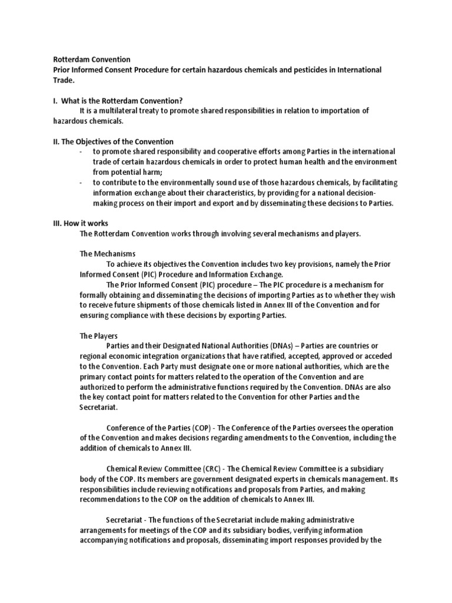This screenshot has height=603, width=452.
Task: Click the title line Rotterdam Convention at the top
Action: [x=92, y=59]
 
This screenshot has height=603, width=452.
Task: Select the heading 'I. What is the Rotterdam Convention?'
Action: [x=122, y=101]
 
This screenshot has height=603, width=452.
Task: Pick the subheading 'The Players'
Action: [x=99, y=336]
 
